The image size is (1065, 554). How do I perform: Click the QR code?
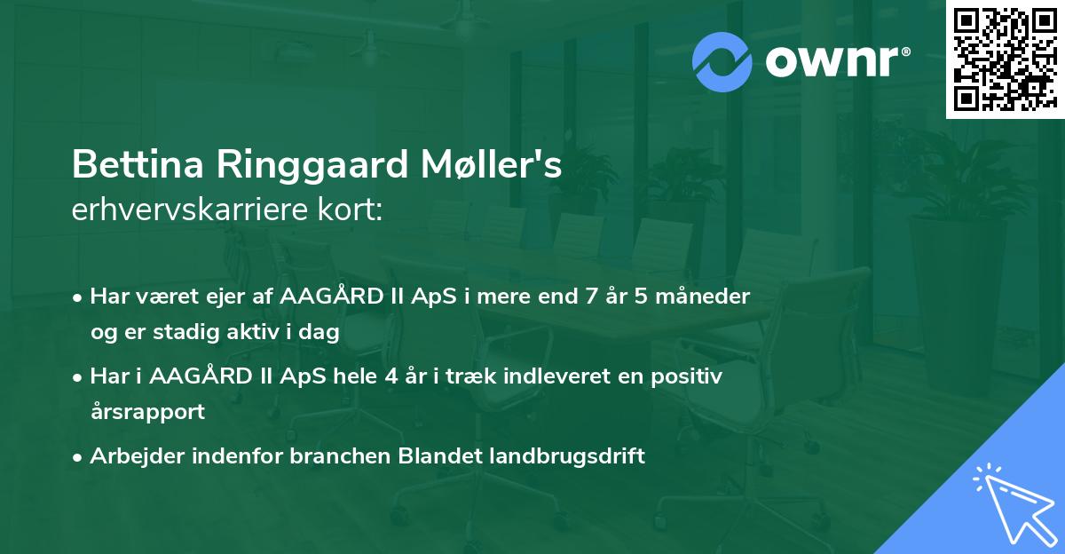tap(1005, 59)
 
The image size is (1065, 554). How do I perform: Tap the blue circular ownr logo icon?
tap(722, 62)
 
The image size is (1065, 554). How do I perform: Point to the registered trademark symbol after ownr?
tap(905, 52)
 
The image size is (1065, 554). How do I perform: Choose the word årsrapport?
tap(147, 412)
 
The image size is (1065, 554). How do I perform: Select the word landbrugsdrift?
tap(566, 456)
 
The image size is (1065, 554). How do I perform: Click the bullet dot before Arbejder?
tap(78, 457)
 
